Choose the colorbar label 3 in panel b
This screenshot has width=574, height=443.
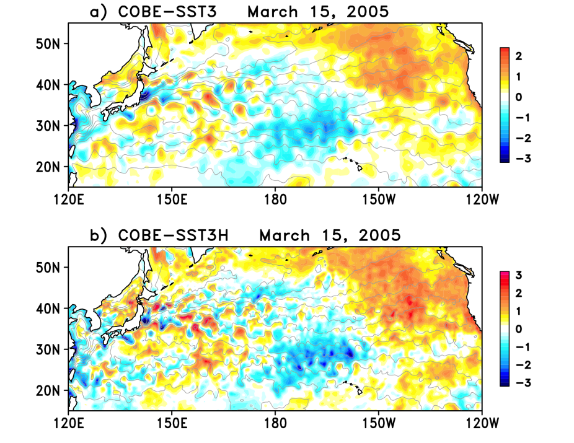click(x=519, y=274)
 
